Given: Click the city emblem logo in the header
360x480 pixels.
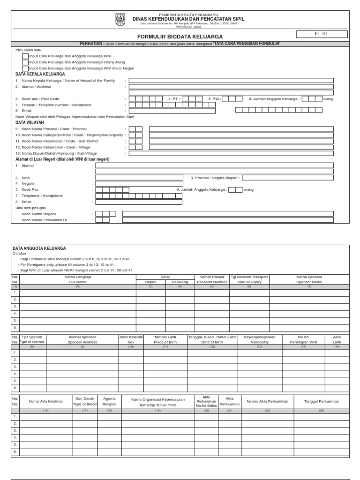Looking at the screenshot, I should tap(120, 20).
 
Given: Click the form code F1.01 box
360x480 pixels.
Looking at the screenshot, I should tap(321, 34).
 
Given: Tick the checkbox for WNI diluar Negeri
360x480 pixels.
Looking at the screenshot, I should tap(25, 68).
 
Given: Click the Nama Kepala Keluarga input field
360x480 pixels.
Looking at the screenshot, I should tap(231, 80).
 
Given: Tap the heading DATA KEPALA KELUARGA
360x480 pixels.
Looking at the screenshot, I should tap(40, 74).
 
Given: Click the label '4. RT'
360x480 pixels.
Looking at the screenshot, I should tap(173, 99).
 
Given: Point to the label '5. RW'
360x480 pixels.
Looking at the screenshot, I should tap(213, 99).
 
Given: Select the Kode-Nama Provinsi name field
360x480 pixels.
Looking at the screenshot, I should tap(241, 129).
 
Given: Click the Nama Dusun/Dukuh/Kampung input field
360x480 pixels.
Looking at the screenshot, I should tap(231, 153).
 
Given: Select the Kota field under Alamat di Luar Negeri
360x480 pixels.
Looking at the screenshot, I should tap(139, 178).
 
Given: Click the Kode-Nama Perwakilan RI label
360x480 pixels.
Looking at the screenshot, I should tap(45, 220).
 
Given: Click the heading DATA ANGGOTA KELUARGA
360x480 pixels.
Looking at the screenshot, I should tap(39, 248).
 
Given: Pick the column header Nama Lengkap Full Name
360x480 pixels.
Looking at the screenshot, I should tap(78, 279).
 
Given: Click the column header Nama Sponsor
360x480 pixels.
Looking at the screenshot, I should tap(309, 279).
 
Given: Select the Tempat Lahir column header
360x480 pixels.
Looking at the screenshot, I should tap(165, 339).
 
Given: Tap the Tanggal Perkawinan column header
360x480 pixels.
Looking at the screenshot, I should tap(321, 401).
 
